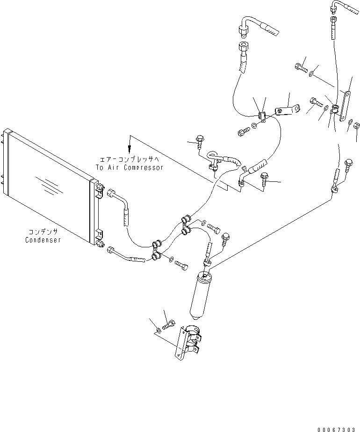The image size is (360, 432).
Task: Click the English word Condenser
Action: coord(43,240)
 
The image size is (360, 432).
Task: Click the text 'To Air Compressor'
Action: coord(130,167)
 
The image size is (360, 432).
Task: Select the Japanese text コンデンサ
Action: coord(43,232)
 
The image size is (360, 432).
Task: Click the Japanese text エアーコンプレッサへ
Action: coord(130,159)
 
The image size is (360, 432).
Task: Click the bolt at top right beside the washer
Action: coord(300,68)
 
